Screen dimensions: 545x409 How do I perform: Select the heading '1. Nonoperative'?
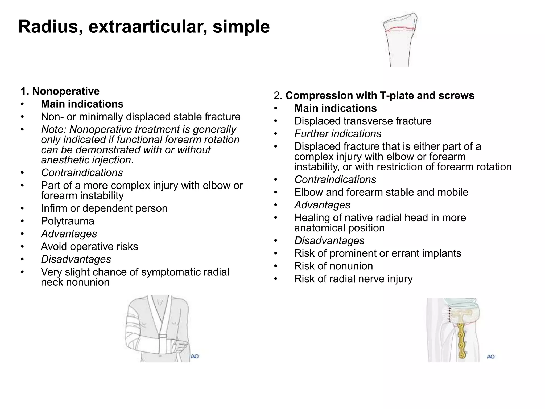coord(60,91)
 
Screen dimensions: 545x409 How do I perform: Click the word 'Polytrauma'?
coord(68,221)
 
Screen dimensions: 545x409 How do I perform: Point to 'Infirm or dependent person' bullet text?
coord(104,208)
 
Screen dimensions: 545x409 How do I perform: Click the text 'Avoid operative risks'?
coord(89,247)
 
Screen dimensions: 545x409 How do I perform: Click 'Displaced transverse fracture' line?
coord(363,121)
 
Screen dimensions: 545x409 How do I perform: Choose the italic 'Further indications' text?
coord(338,134)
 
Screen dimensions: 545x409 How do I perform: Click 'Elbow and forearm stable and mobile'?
coord(381,193)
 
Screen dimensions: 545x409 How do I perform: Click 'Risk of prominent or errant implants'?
coord(378,253)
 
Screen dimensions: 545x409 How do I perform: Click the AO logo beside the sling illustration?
coord(195,356)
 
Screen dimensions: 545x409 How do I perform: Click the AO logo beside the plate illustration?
coord(491,357)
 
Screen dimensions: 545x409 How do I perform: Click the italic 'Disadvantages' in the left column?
coord(76,259)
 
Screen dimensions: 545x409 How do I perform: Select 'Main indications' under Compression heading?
coord(335,108)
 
